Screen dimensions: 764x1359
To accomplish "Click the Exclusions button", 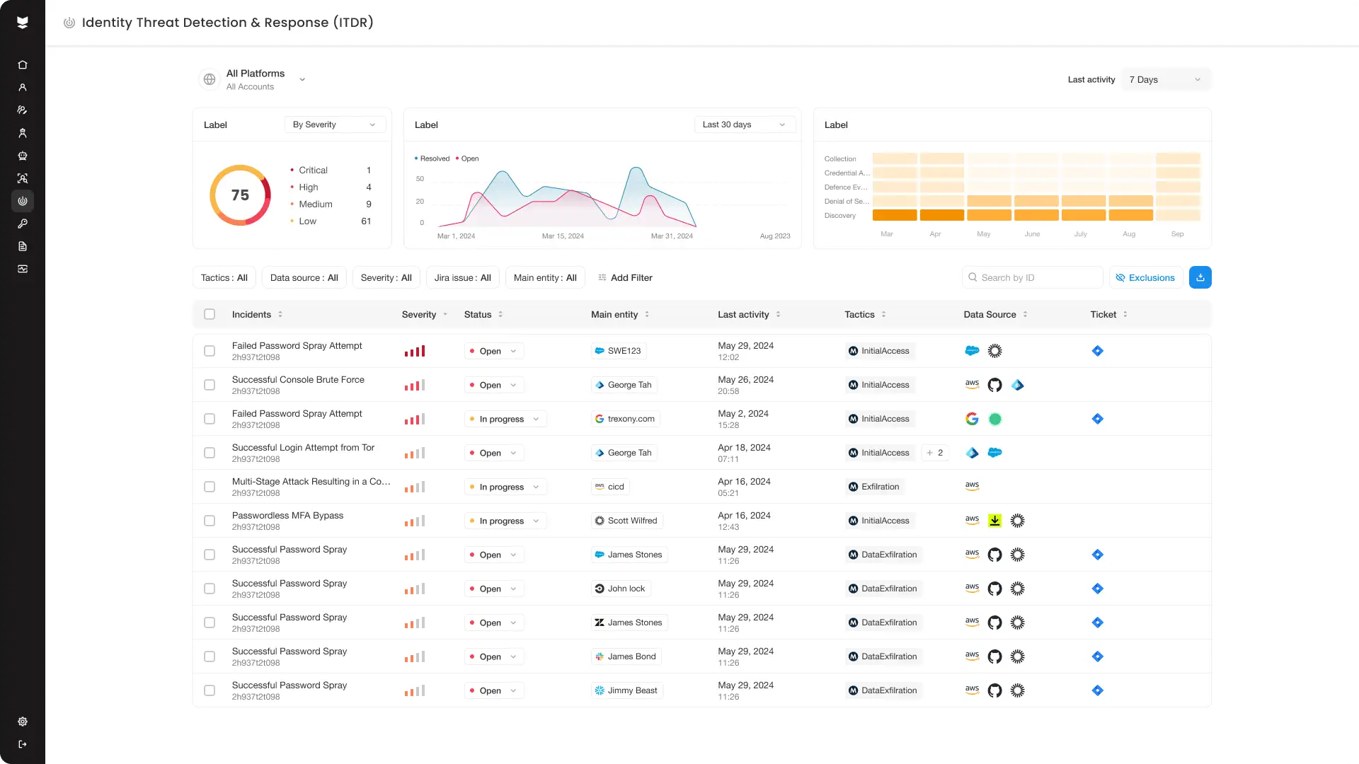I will (x=1145, y=277).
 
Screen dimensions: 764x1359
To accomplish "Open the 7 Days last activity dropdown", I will (x=1165, y=79).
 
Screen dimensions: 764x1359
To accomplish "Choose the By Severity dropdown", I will (x=334, y=125).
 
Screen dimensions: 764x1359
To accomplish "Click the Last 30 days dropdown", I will (x=744, y=125).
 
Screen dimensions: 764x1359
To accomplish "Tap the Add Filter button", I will (x=625, y=277).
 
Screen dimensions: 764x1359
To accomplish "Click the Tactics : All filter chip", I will (x=224, y=277).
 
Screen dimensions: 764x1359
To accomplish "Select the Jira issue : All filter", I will (x=462, y=277).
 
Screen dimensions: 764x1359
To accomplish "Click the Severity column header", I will (x=419, y=314).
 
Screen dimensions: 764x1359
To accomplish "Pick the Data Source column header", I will (x=990, y=314).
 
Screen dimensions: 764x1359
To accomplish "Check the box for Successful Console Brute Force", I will (x=210, y=385).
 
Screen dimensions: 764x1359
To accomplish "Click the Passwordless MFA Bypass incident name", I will (x=287, y=515).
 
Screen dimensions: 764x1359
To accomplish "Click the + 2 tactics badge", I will (x=934, y=453).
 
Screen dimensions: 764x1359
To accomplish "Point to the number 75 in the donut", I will (x=240, y=195).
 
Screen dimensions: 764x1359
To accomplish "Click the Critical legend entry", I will (x=313, y=170).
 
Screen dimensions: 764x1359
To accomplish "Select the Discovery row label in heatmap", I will (x=840, y=215).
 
